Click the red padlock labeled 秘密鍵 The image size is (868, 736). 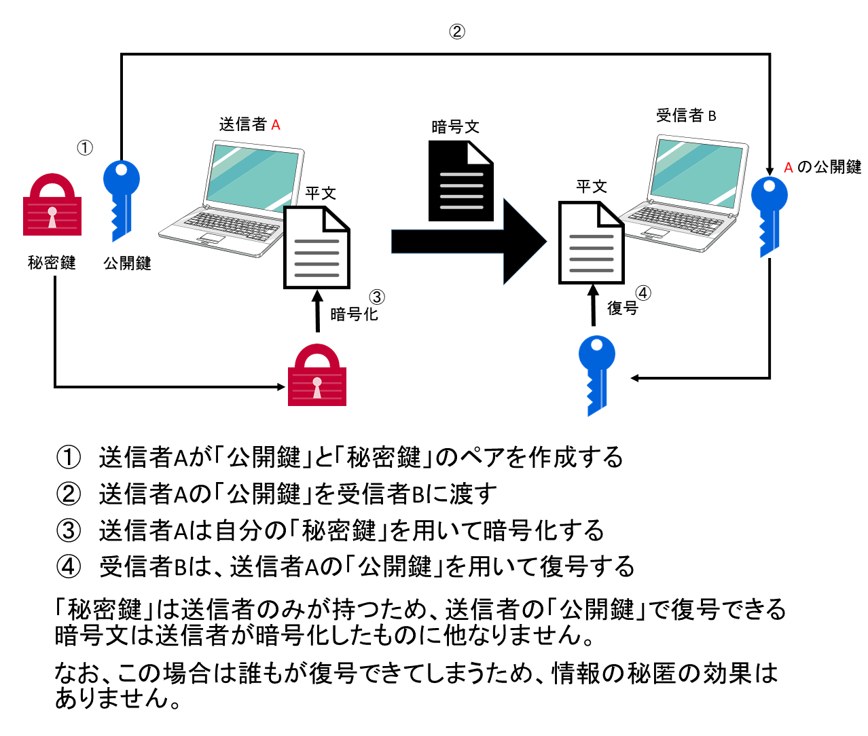click(x=52, y=206)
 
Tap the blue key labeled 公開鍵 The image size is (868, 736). click(x=121, y=198)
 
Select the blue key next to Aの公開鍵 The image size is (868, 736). click(x=769, y=214)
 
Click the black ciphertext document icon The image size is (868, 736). click(x=460, y=181)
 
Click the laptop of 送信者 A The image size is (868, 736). click(x=231, y=197)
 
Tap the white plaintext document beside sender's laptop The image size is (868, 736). click(x=317, y=248)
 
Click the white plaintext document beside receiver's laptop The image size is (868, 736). click(x=591, y=243)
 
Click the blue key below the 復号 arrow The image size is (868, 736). click(x=596, y=373)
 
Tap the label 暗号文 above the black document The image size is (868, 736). click(x=455, y=127)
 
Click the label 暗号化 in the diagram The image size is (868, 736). click(x=354, y=314)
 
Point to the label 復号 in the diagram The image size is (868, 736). click(x=622, y=308)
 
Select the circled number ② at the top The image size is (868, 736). click(x=457, y=31)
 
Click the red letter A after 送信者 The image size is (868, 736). click(x=275, y=125)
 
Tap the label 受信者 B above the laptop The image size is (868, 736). click(x=686, y=115)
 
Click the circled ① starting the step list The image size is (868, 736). click(x=69, y=458)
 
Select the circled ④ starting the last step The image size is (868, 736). click(x=69, y=566)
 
